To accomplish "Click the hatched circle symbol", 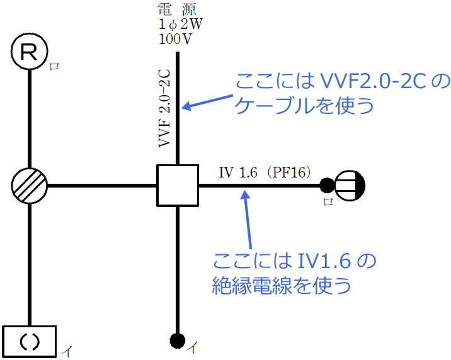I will point(30,186).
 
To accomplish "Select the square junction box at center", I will point(178,186).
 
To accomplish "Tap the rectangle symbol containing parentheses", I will point(30,340).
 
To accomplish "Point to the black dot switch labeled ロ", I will point(326,185).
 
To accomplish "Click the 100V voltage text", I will point(176,40).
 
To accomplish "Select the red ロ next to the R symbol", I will point(55,66).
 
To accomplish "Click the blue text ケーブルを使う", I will point(304,105).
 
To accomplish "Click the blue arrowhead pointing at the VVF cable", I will point(186,107).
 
